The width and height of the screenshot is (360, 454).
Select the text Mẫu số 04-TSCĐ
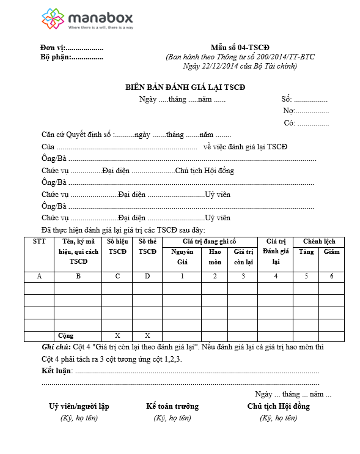click(x=240, y=48)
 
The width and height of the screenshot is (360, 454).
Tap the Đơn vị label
click(x=53, y=48)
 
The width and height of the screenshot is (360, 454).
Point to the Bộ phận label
click(x=55, y=57)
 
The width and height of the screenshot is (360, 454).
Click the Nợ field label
click(x=288, y=111)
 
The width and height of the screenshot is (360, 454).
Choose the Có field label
click(x=289, y=123)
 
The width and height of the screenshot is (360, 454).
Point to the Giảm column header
click(x=332, y=251)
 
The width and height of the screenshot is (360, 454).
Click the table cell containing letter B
click(x=78, y=276)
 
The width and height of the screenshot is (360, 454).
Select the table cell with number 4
click(x=276, y=276)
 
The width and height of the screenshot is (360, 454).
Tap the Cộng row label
click(x=65, y=336)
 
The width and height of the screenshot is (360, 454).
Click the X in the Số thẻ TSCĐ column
click(x=147, y=336)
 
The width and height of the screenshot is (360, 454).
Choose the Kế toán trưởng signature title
click(x=172, y=406)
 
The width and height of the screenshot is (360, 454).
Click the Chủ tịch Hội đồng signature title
click(x=278, y=406)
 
